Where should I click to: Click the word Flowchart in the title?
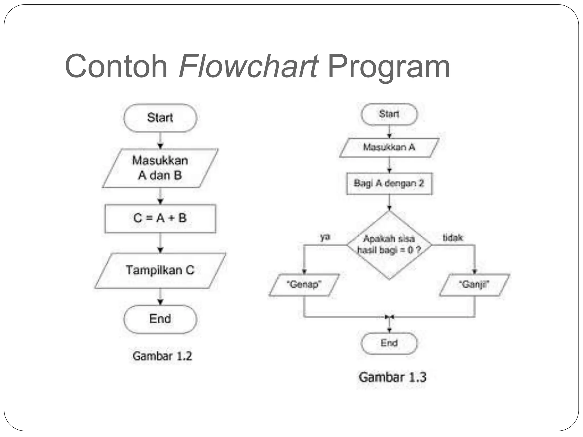[x=248, y=66]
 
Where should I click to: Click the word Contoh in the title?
[x=116, y=66]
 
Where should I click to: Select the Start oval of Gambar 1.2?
[x=160, y=118]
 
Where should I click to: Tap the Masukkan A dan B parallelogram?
[x=160, y=168]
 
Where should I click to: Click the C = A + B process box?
[x=160, y=218]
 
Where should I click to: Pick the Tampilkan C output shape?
[x=160, y=270]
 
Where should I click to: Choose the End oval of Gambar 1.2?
[x=160, y=319]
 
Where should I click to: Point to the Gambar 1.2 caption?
[x=162, y=356]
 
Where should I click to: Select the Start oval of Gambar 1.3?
[x=389, y=114]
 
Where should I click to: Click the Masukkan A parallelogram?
[x=389, y=147]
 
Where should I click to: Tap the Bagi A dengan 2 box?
[x=389, y=184]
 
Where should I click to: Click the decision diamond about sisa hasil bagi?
[x=389, y=245]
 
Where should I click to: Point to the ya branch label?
[x=325, y=237]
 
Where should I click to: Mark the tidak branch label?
[x=453, y=238]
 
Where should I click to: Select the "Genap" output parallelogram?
[x=304, y=285]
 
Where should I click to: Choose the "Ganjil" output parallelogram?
[x=474, y=285]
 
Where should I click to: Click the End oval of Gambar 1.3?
[x=389, y=343]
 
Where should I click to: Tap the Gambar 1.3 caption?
[x=392, y=378]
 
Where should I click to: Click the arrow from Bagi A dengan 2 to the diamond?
[x=389, y=203]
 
